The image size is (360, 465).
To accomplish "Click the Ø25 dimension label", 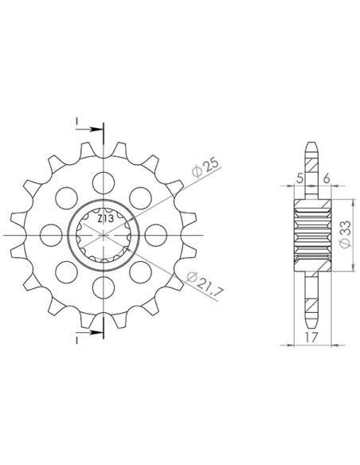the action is click(205, 168).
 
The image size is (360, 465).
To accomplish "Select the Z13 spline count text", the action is click(105, 219).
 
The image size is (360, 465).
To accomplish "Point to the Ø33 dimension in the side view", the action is click(346, 234).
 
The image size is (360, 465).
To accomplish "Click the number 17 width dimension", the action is click(311, 337).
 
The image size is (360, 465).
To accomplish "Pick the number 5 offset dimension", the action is click(299, 178).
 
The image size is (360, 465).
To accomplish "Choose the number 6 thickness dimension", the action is click(327, 178).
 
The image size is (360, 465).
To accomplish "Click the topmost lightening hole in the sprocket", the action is click(104, 183).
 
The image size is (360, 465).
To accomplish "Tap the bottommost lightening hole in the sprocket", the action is click(104, 287).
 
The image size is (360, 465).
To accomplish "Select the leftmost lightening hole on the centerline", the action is click(51, 235).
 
